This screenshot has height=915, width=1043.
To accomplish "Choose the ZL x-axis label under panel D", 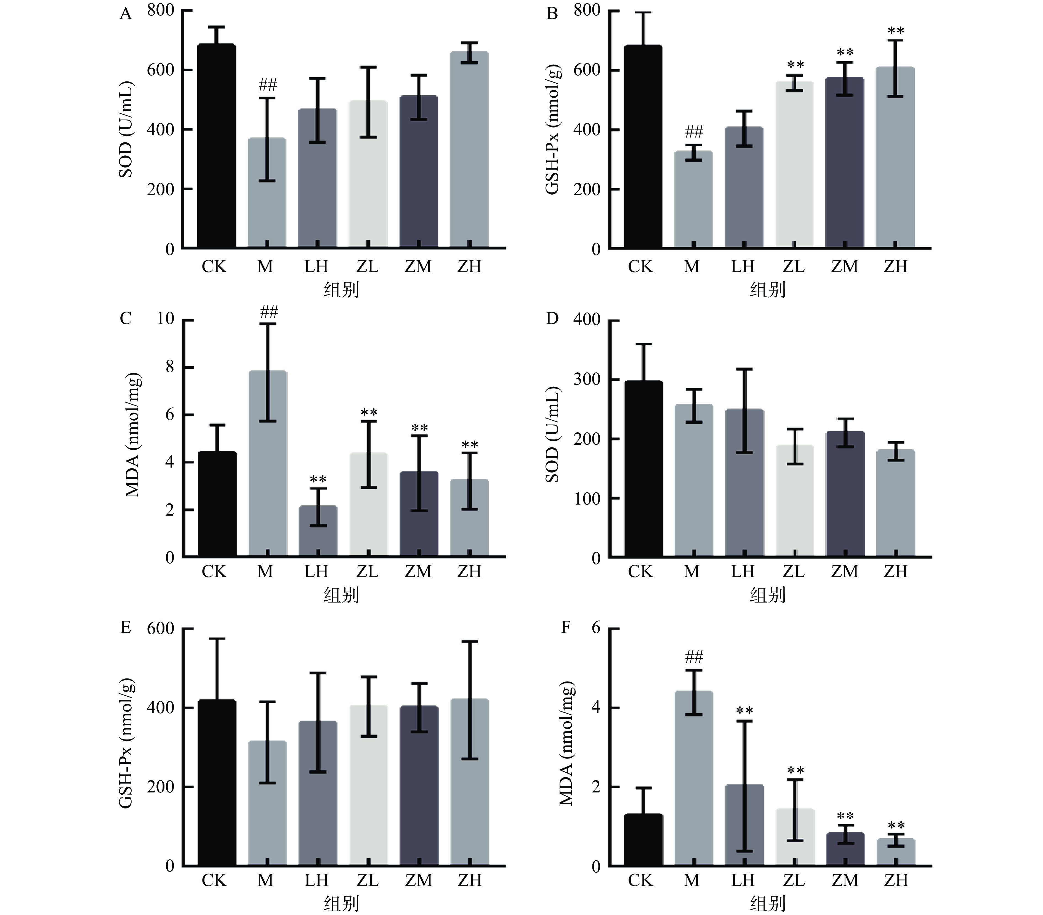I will pyautogui.click(x=794, y=572).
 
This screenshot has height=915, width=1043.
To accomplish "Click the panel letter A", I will pyautogui.click(x=126, y=14).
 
